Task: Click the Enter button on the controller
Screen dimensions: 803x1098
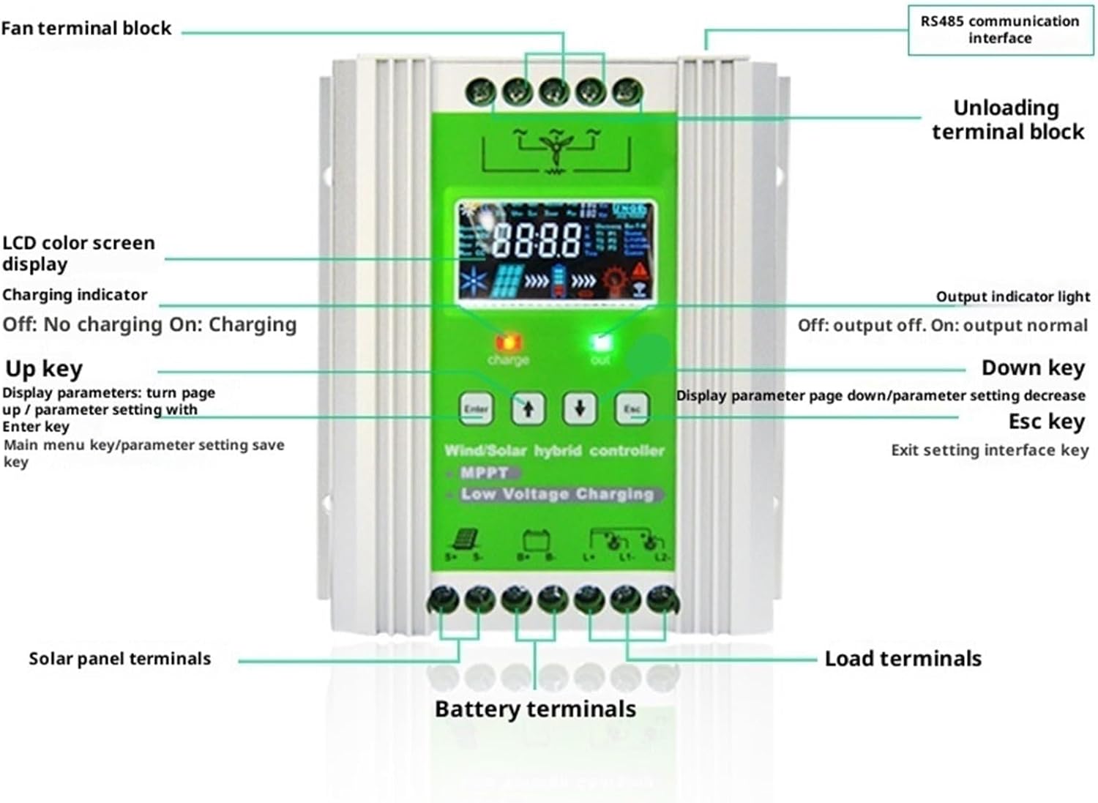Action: [x=476, y=408]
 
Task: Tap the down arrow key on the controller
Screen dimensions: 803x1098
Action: [x=580, y=408]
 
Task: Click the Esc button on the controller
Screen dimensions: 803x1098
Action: [x=632, y=408]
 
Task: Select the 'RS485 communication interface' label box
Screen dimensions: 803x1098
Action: [x=1000, y=30]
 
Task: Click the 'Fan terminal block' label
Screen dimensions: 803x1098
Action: [x=86, y=29]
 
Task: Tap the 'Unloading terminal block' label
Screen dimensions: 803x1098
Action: [x=1007, y=119]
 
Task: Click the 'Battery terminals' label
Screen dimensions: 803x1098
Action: [x=535, y=709]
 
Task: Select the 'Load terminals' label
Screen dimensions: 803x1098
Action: [x=903, y=659]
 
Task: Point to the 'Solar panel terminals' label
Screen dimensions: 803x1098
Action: [x=119, y=659]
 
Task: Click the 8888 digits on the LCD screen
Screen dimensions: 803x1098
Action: [x=537, y=239]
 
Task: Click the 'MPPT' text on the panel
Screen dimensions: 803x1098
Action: [x=484, y=473]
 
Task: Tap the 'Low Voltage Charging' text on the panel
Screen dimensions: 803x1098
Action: [x=556, y=494]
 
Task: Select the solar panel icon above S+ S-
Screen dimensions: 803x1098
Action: [x=465, y=540]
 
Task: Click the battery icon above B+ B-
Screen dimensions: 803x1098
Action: [x=535, y=541]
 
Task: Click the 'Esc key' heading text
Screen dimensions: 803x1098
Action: [x=1046, y=422]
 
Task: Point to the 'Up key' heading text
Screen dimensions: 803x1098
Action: [x=44, y=369]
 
